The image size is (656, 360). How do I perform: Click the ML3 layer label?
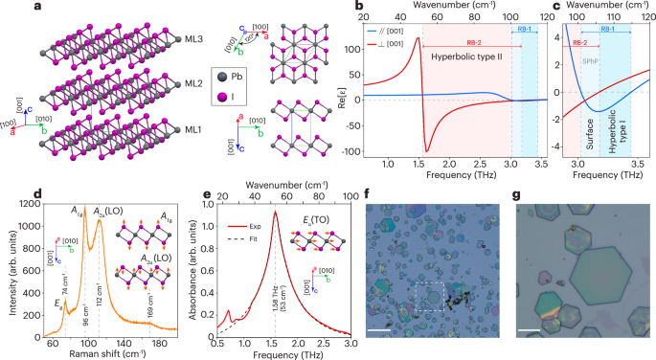point(194,38)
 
